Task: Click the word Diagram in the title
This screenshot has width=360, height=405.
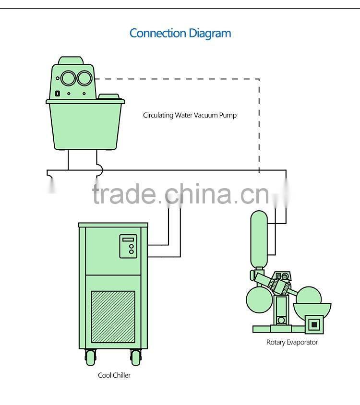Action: (210, 34)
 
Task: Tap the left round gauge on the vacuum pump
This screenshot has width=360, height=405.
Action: (69, 78)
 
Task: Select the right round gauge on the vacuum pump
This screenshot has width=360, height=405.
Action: (85, 78)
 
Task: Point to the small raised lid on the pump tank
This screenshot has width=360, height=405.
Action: (109, 96)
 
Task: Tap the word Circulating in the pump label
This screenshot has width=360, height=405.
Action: (158, 115)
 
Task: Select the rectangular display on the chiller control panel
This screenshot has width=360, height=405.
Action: (128, 239)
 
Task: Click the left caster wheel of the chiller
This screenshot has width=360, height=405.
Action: (91, 357)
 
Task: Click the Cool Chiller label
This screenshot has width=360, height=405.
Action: (114, 375)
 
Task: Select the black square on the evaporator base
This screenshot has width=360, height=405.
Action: (314, 325)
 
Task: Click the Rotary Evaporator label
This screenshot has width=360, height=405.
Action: (292, 342)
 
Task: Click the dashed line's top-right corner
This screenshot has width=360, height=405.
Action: (259, 79)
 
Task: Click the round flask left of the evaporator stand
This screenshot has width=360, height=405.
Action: (258, 299)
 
